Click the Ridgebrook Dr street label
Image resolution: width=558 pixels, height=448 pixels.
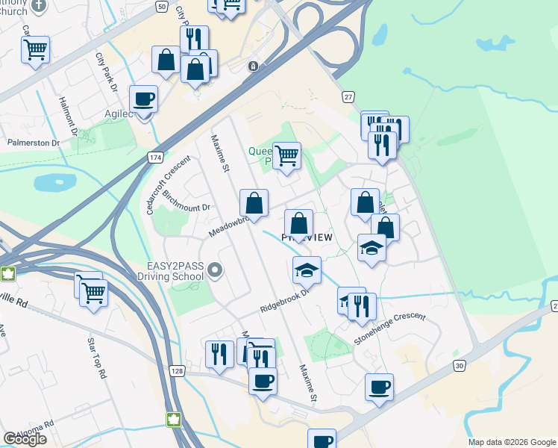click(x=284, y=302)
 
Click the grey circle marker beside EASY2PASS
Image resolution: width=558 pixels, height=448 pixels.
click(x=216, y=270)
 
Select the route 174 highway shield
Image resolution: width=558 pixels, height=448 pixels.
click(x=155, y=158)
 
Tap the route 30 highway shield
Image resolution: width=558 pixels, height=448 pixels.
click(x=460, y=365)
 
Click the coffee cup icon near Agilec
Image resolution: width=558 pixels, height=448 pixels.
click(x=143, y=98)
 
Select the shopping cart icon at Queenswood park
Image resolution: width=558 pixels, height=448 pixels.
click(x=287, y=155)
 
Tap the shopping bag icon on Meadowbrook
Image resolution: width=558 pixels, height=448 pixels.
click(x=254, y=202)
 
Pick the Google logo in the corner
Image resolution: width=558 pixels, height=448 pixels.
click(x=25, y=439)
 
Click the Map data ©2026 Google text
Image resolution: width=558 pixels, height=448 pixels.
click(x=512, y=442)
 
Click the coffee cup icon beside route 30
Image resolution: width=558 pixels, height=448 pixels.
click(x=379, y=387)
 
